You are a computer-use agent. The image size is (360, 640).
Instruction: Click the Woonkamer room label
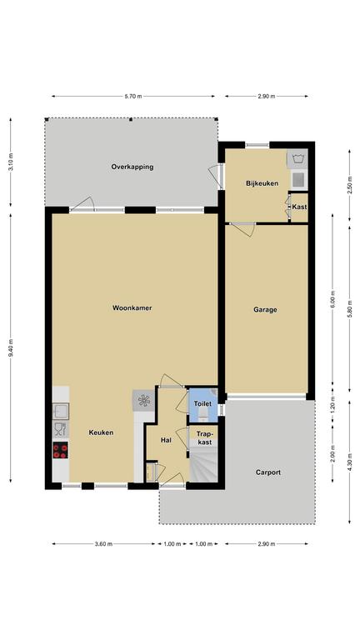132,307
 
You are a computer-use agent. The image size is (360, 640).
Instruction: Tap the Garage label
265,310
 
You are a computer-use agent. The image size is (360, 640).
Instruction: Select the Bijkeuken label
262,183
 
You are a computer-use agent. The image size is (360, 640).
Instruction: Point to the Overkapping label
132,167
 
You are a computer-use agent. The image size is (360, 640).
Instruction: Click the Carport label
268,472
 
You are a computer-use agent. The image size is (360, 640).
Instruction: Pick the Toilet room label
202,403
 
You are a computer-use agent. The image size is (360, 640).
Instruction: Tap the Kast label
300,207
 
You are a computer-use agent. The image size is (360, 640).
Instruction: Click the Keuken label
101,432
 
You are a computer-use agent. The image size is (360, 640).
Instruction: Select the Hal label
166,440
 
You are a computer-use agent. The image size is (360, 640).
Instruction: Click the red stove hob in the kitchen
60,450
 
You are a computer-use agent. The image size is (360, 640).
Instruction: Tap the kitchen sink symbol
60,411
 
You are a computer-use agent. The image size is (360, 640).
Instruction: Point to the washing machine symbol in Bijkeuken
297,158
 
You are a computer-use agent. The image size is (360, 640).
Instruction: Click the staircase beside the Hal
202,464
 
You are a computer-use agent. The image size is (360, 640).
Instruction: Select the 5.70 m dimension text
133,97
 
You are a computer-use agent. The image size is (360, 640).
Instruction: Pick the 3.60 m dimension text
103,543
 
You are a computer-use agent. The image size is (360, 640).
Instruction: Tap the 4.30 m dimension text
350,462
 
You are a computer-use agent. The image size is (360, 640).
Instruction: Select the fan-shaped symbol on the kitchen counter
143,400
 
